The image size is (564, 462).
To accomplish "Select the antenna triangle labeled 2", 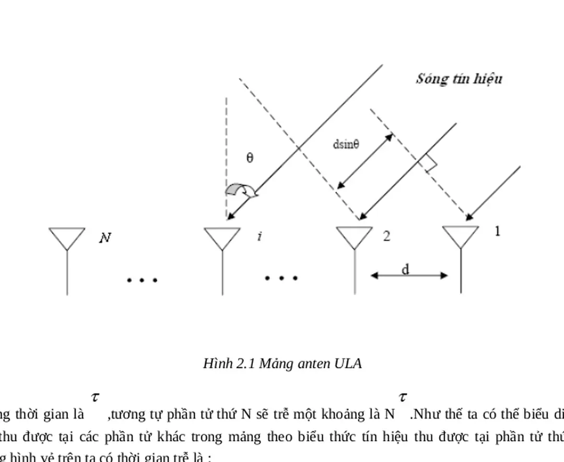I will pyautogui.click(x=355, y=237).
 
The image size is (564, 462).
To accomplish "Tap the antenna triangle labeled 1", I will pyautogui.click(x=461, y=236).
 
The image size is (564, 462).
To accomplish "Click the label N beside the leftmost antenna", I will pyautogui.click(x=105, y=238).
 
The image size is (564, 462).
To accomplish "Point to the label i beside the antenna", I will pyautogui.click(x=259, y=237).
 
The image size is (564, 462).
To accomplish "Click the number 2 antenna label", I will pyautogui.click(x=386, y=236).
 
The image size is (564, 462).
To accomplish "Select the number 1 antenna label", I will pyautogui.click(x=497, y=231).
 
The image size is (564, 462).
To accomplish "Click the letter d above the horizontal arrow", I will pyautogui.click(x=405, y=270).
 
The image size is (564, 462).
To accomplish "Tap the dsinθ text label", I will pyautogui.click(x=346, y=145).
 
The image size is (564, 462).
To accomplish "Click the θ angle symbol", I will pyautogui.click(x=250, y=158).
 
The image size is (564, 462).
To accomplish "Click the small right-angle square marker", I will pyautogui.click(x=430, y=164).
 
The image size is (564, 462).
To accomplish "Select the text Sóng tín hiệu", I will pyautogui.click(x=459, y=79).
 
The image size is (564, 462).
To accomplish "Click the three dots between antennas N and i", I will pyautogui.click(x=142, y=280).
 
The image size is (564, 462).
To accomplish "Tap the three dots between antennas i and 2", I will pyautogui.click(x=281, y=279).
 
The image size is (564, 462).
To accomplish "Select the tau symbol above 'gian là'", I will pyautogui.click(x=95, y=397).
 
